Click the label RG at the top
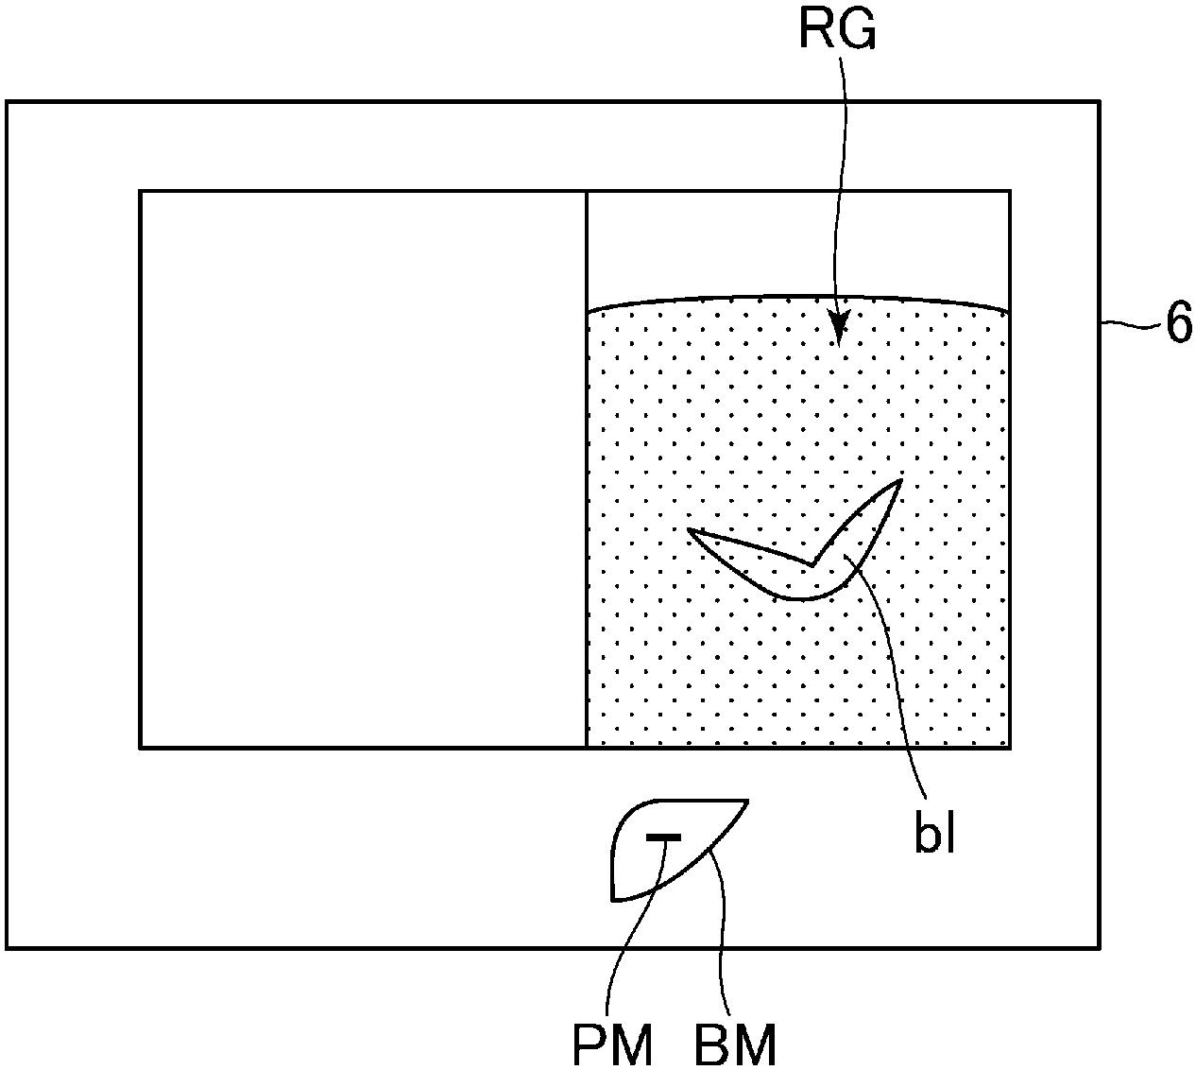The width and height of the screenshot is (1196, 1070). [837, 31]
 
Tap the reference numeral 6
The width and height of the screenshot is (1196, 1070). [1178, 324]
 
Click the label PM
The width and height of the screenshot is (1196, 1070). [612, 1044]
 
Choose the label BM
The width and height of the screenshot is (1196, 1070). [736, 1044]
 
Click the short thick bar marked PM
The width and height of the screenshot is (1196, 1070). [663, 837]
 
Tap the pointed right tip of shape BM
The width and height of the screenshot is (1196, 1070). [747, 802]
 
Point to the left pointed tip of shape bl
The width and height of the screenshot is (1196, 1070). [690, 530]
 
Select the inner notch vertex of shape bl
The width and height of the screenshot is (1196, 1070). [812, 565]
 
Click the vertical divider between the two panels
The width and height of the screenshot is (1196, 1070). [587, 468]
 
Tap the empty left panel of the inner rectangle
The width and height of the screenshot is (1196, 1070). [363, 468]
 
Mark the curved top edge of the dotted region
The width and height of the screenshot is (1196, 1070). [798, 297]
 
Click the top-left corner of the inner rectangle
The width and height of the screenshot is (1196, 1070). [141, 192]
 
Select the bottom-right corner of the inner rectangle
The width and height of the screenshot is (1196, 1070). [1010, 747]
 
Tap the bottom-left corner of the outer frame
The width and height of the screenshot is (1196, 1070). [8, 947]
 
